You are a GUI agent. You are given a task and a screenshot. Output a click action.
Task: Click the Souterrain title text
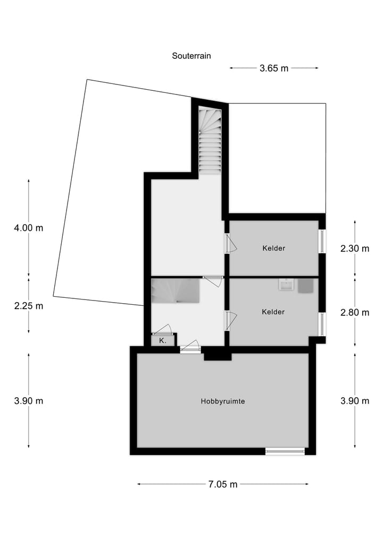click(191, 55)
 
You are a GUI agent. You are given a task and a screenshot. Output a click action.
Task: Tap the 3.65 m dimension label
click(274, 68)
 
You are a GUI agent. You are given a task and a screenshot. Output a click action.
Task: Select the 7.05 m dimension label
click(223, 484)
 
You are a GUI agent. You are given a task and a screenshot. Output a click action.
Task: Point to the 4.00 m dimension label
click(29, 228)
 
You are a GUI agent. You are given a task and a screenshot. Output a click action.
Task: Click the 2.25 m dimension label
click(29, 306)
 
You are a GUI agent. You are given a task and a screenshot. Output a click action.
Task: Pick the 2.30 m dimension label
click(355, 248)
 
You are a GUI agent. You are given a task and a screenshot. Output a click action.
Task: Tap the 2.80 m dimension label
click(355, 312)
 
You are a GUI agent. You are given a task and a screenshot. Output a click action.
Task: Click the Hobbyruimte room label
click(223, 401)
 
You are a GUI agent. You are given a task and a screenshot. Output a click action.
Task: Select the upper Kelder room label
click(274, 248)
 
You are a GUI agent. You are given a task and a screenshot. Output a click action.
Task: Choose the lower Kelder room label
click(273, 312)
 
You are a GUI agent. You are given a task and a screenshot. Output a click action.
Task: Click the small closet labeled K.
click(162, 341)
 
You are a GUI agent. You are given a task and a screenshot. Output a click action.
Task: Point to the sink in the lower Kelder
click(286, 285)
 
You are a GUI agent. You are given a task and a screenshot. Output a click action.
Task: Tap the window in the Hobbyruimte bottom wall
click(285, 451)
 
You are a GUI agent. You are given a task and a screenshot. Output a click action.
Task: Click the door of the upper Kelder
click(230, 243)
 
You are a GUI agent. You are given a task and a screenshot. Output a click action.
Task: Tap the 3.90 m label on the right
click(355, 401)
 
